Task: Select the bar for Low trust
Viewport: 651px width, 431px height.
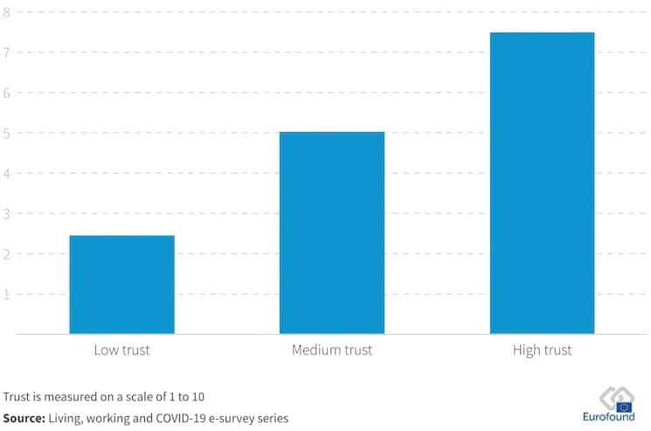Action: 121,284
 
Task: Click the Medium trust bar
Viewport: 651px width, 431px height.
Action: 331,233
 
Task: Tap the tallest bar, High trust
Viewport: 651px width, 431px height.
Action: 542,183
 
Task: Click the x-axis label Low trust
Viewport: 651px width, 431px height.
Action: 121,351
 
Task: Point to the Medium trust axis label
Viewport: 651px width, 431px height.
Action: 331,351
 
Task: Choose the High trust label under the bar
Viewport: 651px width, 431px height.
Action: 542,351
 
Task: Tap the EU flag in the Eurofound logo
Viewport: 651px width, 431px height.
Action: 624,406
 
